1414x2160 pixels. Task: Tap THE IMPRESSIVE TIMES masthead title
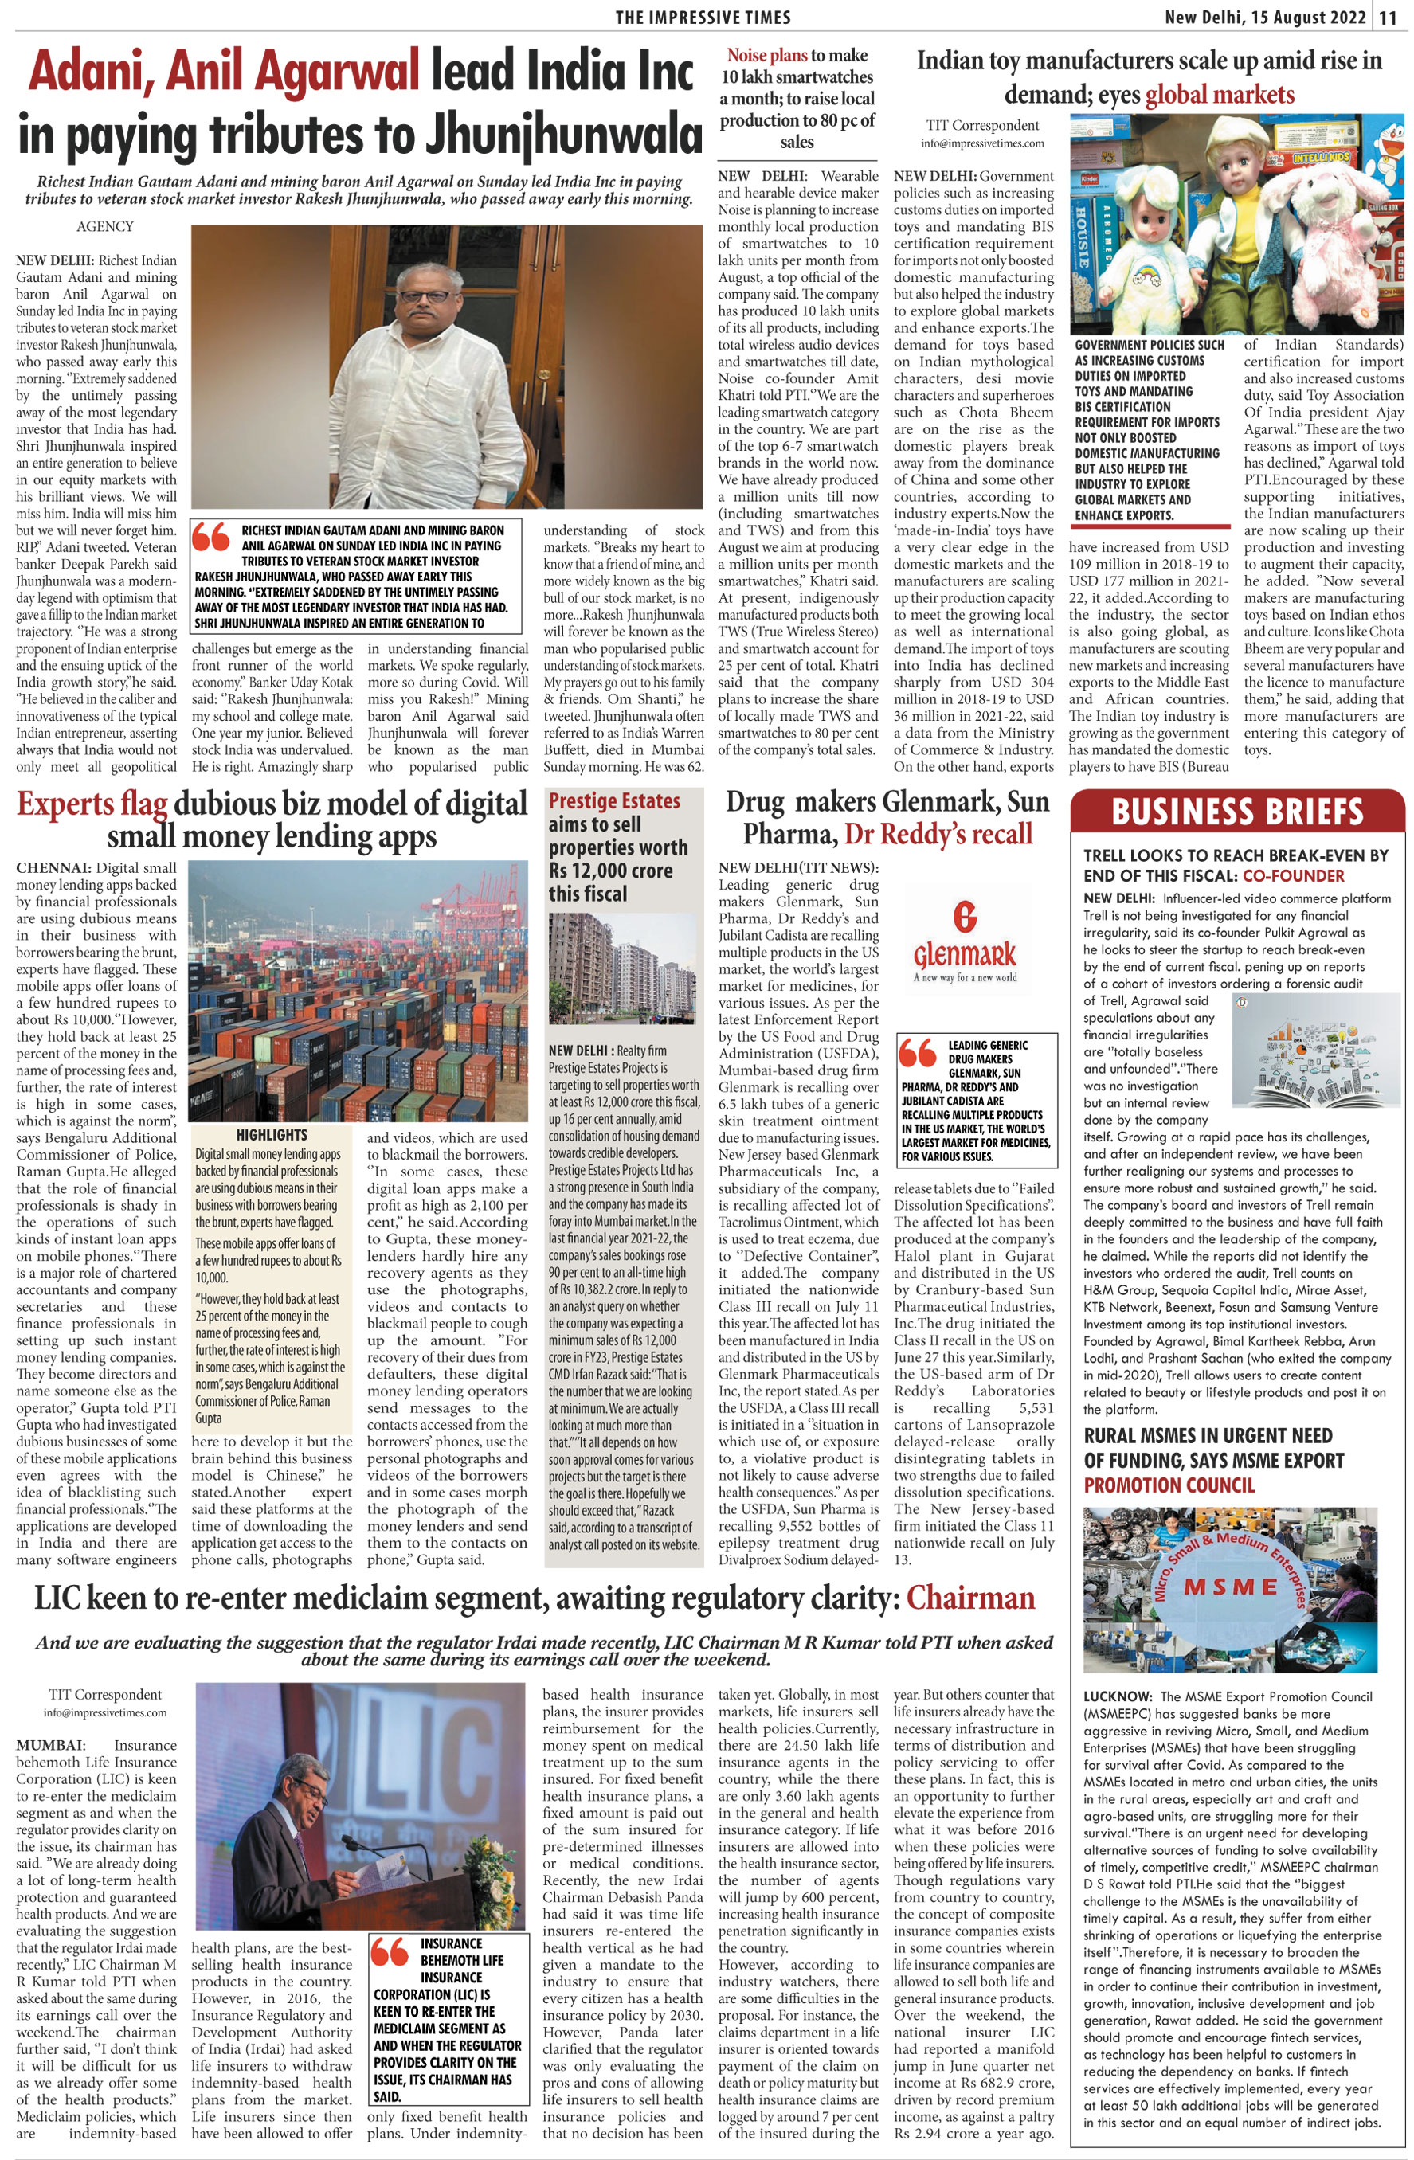click(x=703, y=18)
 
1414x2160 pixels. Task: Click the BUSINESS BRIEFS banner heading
click(x=1237, y=811)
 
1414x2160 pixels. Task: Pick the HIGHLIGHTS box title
click(x=272, y=1134)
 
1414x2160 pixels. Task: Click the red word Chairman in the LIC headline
click(x=970, y=1598)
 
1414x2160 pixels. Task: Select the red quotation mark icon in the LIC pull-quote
click(x=390, y=1951)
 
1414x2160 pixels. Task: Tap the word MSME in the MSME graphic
click(x=1231, y=1587)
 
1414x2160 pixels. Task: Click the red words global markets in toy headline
click(x=1219, y=95)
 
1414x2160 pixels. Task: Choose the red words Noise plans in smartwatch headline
click(x=767, y=56)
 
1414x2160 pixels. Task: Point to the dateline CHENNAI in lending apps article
click(x=52, y=867)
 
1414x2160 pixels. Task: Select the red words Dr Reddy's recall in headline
click(x=938, y=834)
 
